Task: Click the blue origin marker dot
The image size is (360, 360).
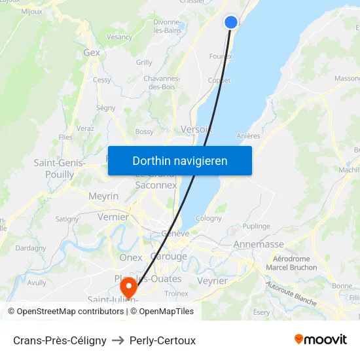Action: pos(231,22)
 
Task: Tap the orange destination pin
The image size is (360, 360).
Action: pos(128,286)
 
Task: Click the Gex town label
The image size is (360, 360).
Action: pos(92,52)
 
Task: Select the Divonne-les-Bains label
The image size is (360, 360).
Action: pos(167,26)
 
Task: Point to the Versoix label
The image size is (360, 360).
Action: pos(197,129)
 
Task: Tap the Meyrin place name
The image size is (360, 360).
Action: pos(103,196)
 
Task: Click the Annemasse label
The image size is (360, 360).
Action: pos(259,244)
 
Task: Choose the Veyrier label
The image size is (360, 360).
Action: pos(212,281)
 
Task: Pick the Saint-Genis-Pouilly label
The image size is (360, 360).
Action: pos(60,168)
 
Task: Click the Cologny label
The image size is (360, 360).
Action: pos(209,219)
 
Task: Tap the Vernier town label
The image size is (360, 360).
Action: pos(113,217)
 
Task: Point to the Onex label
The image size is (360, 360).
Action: pos(131,257)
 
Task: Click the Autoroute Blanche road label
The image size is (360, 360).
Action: pos(291,294)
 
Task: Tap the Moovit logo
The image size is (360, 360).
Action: pos(320,339)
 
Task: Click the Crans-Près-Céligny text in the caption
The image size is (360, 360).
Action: pos(60,340)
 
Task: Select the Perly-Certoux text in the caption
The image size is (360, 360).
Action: pos(162,340)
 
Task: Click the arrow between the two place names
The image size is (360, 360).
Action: pos(118,340)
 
